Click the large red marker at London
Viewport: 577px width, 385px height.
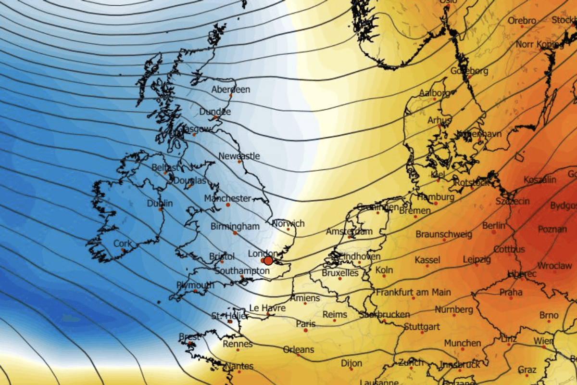(268, 260)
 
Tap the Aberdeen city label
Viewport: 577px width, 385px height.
(231, 90)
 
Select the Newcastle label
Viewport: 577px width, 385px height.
(239, 156)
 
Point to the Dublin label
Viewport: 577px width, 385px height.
(160, 204)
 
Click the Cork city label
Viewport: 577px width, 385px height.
(122, 244)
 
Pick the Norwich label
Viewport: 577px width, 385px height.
(288, 223)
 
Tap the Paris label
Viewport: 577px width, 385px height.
(306, 324)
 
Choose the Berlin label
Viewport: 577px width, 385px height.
(494, 225)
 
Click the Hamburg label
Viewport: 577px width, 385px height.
(436, 197)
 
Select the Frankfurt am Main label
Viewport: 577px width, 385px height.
(414, 292)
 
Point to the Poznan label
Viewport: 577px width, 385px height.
(552, 230)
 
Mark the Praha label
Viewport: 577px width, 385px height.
(511, 292)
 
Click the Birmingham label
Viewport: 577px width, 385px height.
(235, 226)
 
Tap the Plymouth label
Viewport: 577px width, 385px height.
(195, 285)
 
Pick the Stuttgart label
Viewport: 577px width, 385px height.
(422, 327)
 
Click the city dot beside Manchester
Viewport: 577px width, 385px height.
(228, 205)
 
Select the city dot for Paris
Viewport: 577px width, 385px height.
(305, 330)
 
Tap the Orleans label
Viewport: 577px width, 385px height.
(298, 349)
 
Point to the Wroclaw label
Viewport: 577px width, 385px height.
(554, 266)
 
